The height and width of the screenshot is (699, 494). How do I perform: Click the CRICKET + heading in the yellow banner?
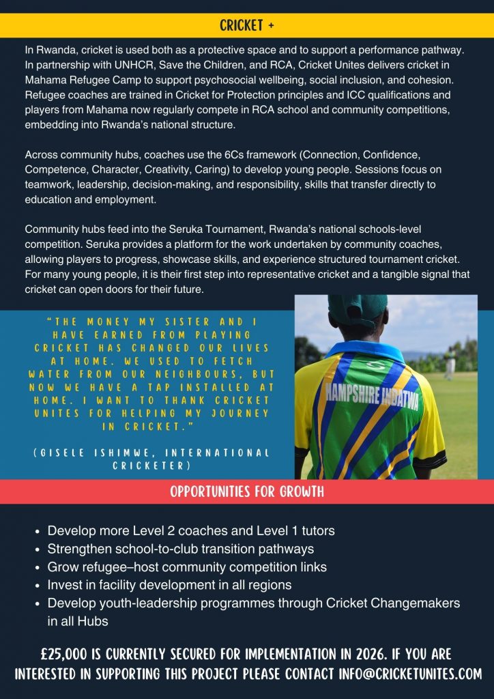(247, 25)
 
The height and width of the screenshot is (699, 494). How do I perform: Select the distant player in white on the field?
(450, 362)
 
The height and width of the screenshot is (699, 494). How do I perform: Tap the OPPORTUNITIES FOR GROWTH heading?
(247, 491)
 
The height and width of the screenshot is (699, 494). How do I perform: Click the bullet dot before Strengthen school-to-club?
(35, 550)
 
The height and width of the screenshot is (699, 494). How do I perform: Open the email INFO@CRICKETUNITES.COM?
(410, 674)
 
